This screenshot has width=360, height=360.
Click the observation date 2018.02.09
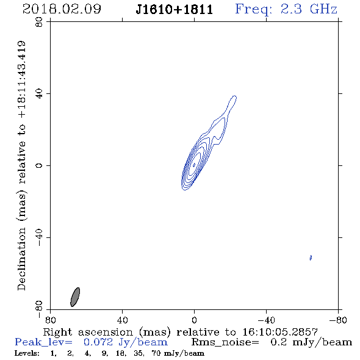62,9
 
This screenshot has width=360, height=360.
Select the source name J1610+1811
175,10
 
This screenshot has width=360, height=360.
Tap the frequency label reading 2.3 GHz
309,9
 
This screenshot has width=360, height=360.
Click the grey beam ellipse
75,297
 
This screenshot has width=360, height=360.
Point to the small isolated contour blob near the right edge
311,257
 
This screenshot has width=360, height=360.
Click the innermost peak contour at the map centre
194,165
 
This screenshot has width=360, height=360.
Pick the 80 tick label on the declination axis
39,22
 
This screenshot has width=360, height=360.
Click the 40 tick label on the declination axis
39,94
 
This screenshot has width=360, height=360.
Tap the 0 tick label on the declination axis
39,165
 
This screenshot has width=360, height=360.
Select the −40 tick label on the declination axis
39,237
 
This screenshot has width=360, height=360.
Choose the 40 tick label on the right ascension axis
122,320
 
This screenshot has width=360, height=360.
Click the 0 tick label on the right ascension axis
194,320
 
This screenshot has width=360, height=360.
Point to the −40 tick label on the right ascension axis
266,320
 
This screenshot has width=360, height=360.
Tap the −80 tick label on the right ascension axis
338,320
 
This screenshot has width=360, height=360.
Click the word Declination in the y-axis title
21,259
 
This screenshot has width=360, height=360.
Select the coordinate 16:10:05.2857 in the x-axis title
280,332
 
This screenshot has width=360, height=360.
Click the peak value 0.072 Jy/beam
126,342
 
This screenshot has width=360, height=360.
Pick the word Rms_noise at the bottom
225,342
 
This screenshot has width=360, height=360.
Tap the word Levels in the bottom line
27,353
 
